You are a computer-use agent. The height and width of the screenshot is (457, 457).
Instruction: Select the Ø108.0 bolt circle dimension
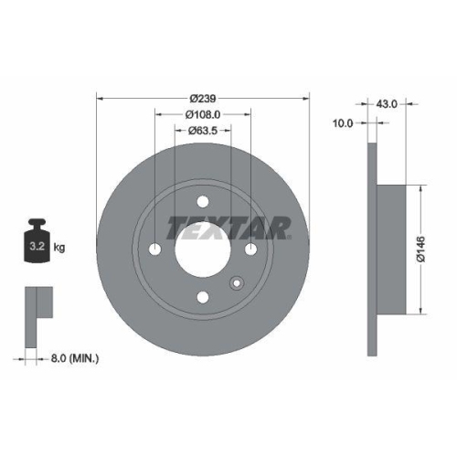[x=203, y=114]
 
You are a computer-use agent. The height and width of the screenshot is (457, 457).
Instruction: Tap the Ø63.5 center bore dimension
[x=203, y=130]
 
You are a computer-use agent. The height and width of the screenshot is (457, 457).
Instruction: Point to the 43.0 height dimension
[x=387, y=104]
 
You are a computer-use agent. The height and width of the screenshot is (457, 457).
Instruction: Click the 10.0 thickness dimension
[x=344, y=122]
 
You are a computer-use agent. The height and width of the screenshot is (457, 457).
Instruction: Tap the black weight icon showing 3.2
[x=37, y=242]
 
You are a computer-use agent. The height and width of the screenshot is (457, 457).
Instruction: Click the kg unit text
[x=59, y=248]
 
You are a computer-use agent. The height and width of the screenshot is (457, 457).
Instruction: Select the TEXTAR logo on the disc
[x=228, y=226]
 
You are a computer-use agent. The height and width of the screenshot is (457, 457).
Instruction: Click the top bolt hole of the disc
[x=203, y=202]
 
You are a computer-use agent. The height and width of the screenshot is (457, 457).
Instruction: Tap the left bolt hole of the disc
[x=155, y=250]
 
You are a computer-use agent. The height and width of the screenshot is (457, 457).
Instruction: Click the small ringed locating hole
[x=237, y=283]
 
